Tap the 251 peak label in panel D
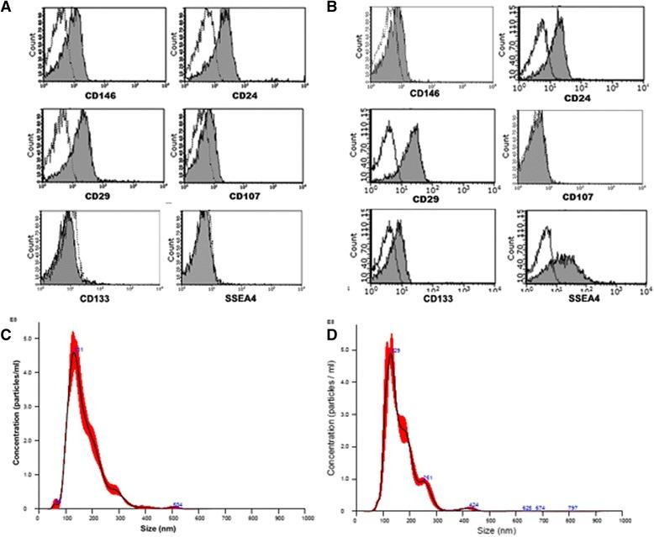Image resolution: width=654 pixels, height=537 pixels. click(428, 478)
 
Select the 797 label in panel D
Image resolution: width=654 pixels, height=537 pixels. click(572, 508)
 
